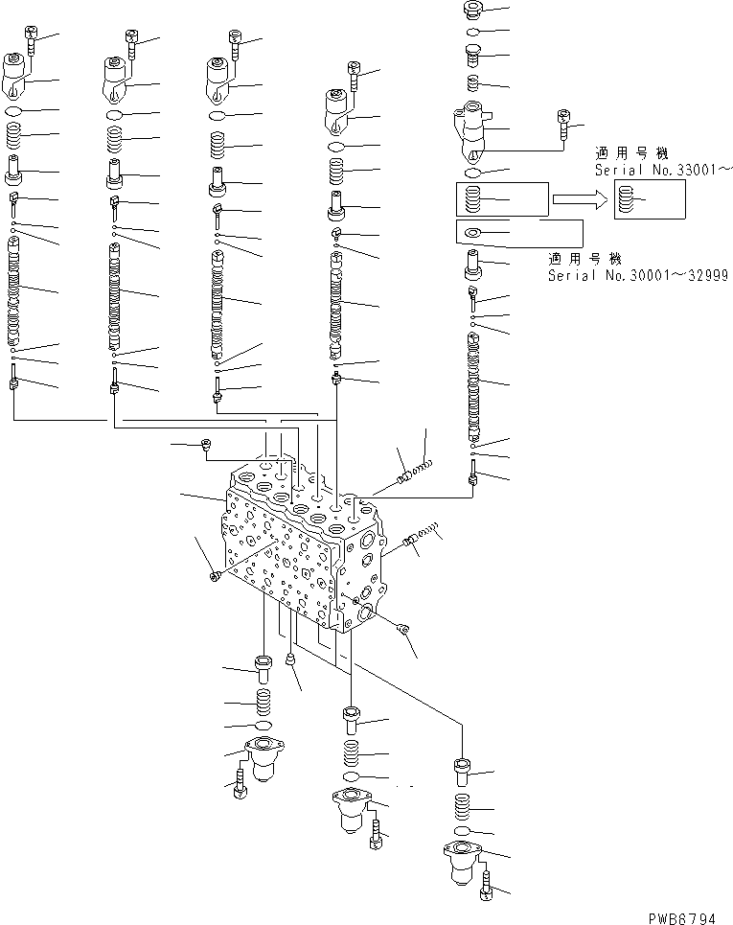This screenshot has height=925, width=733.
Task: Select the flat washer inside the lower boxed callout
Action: (x=471, y=233)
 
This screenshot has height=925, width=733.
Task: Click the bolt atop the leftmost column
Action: (x=30, y=40)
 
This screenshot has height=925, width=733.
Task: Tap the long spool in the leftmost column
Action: (x=14, y=292)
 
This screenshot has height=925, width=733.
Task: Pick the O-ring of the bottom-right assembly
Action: (x=462, y=829)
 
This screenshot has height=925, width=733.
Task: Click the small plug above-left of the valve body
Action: (x=206, y=444)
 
